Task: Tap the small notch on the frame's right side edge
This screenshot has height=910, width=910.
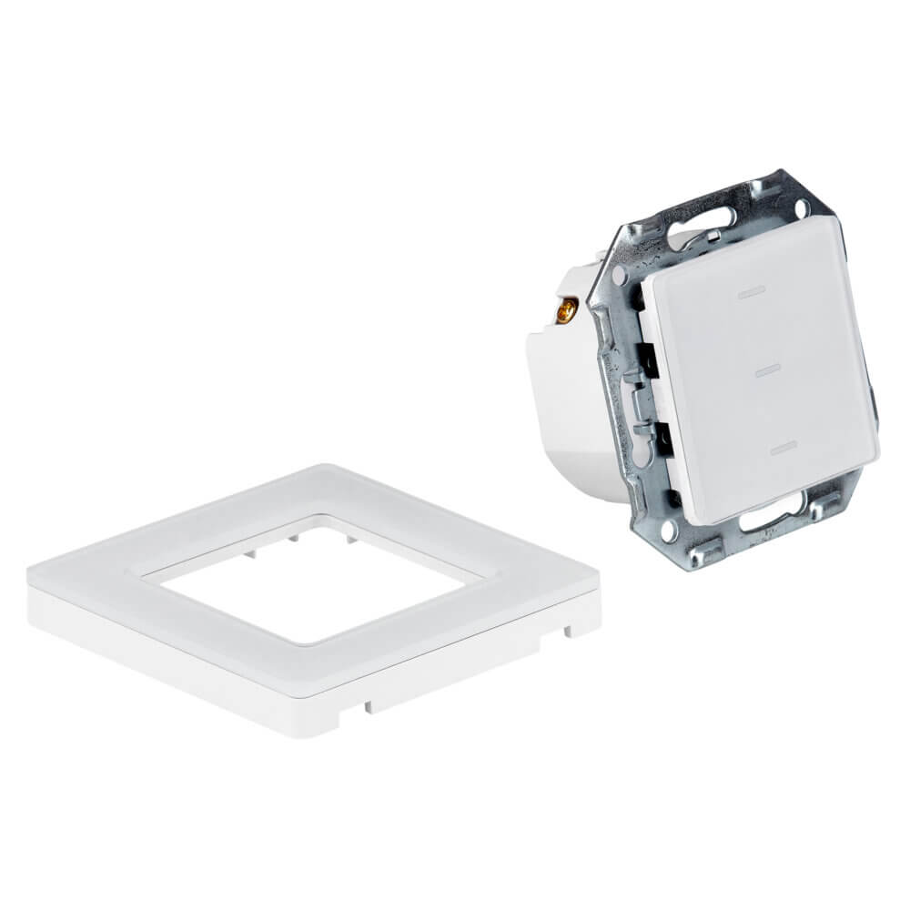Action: point(568,627)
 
